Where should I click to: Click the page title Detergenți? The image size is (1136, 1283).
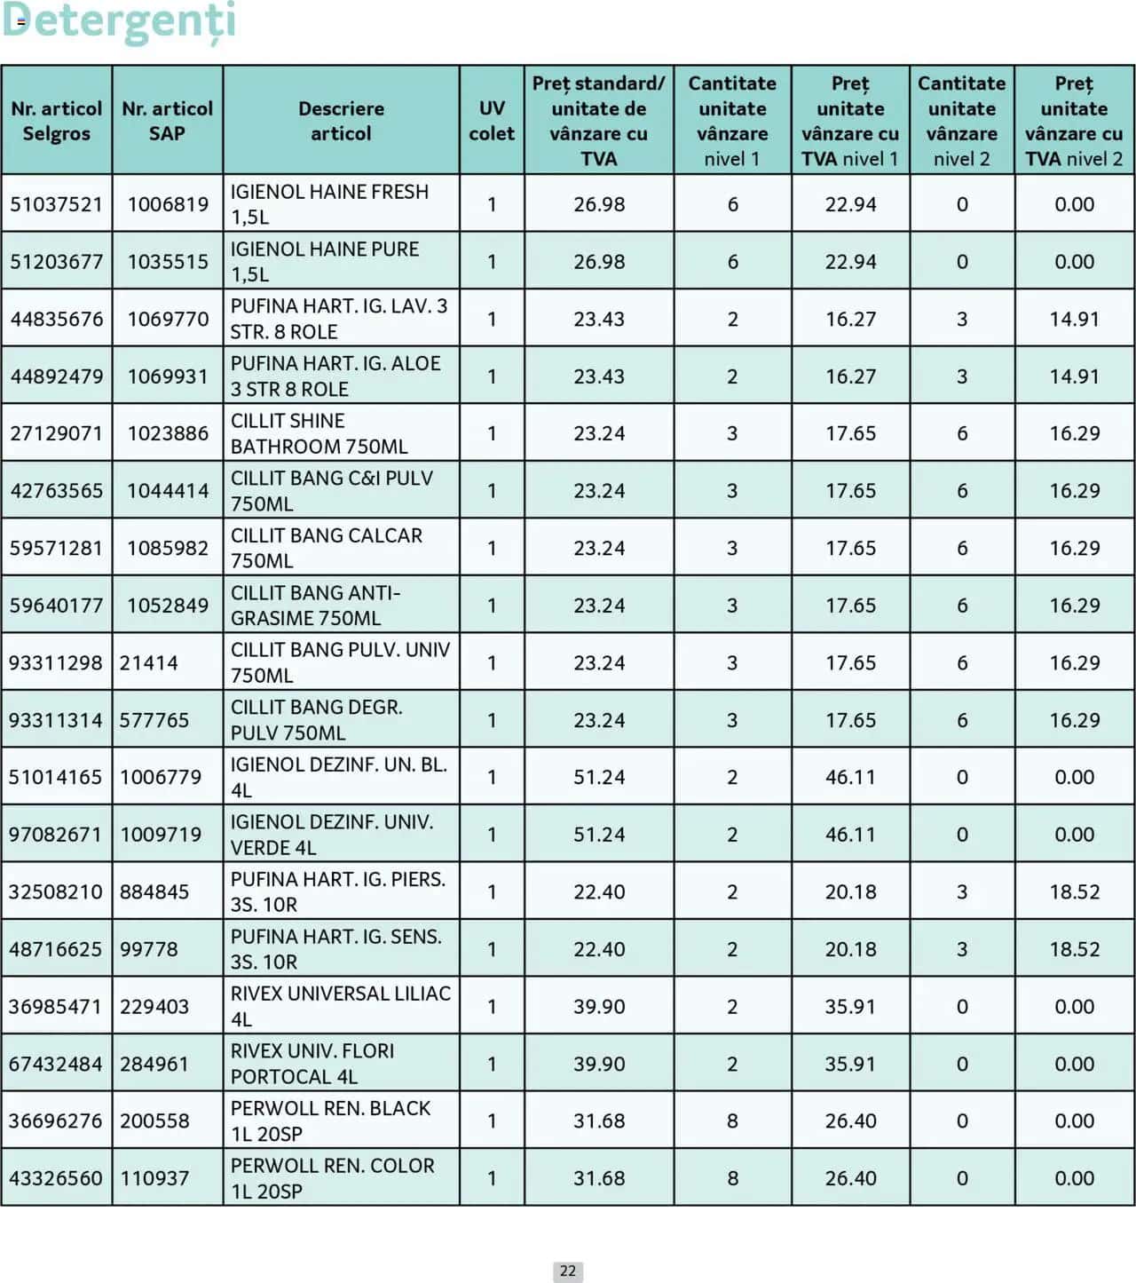coord(119,21)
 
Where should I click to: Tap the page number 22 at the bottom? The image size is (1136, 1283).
coord(568,1271)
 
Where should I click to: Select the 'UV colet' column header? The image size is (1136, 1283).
coord(492,121)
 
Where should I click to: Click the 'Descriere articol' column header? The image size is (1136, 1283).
coord(341,121)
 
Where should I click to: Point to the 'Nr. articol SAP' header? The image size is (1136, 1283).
coord(167,121)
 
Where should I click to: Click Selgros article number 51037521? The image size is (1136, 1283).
coord(56,204)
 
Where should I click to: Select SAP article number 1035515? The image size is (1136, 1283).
coord(168,262)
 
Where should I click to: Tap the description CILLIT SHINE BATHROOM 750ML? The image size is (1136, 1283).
coord(319,433)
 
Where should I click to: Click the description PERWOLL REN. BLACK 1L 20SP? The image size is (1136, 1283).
coord(330,1121)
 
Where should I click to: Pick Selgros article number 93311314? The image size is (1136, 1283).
coord(56,720)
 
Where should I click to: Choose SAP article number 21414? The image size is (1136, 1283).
coord(149,663)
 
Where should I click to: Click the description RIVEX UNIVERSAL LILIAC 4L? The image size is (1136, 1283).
coord(341,1006)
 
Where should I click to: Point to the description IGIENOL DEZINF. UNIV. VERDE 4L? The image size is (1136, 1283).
coord(332,835)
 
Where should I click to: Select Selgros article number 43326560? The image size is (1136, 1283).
coord(56,1178)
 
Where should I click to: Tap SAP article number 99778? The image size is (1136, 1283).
coord(149,949)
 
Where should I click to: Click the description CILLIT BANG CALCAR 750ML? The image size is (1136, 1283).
coord(327,548)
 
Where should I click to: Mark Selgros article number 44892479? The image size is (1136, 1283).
coord(56,376)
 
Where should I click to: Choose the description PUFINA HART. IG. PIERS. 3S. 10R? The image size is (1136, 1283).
coord(337,891)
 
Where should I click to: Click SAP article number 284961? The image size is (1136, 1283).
coord(154,1064)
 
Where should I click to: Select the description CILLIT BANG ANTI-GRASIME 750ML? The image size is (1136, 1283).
coord(316,606)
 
